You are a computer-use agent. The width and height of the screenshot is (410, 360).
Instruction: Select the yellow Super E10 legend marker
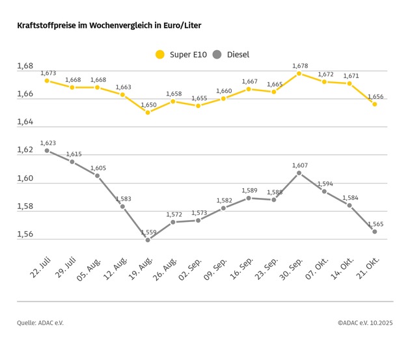(159, 55)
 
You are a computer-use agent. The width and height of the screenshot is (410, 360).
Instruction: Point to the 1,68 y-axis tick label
(25, 66)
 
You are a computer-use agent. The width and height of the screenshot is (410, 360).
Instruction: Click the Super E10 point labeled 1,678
(299, 74)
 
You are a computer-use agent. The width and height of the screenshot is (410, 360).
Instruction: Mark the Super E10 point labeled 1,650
(148, 112)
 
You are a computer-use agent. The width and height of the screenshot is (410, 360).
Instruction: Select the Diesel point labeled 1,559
(148, 240)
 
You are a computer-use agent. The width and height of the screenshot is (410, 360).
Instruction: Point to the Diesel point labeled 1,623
(47, 150)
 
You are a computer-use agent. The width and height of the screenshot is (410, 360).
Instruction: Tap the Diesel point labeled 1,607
(299, 173)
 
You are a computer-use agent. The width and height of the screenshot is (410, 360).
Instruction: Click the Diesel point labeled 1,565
(375, 231)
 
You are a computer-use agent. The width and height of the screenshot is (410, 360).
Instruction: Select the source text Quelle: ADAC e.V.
(40, 322)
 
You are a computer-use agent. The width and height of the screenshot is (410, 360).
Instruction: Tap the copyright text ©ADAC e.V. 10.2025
(365, 322)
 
